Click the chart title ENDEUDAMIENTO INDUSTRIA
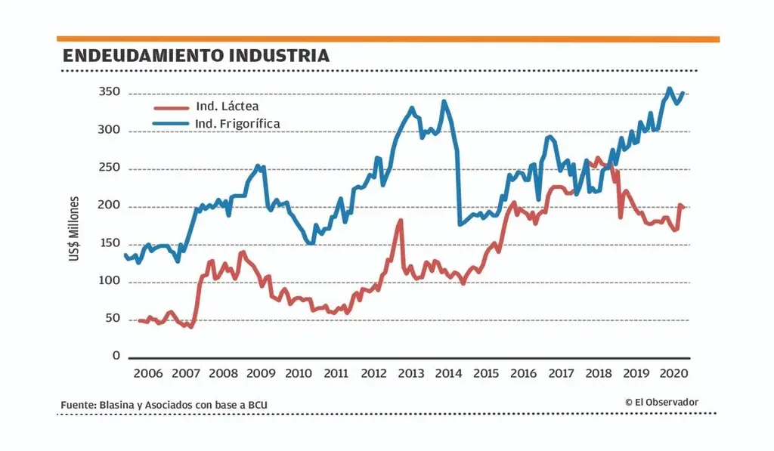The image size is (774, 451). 196,56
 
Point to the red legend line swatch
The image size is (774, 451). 172,107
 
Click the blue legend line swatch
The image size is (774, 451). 172,123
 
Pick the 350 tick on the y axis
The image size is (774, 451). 110,93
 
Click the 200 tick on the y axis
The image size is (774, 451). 110,205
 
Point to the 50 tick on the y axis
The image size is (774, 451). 113,318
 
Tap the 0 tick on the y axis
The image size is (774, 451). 116,356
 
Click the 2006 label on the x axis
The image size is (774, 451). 148,373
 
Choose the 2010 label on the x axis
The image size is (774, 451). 299,373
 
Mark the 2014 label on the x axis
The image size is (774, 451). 449,373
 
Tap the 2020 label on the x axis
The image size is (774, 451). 673,373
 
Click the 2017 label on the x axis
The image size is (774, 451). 561,373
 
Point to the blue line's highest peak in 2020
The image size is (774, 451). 669,88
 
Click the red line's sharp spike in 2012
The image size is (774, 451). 401,221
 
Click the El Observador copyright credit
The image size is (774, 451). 661,402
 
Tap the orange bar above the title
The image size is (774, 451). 388,39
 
